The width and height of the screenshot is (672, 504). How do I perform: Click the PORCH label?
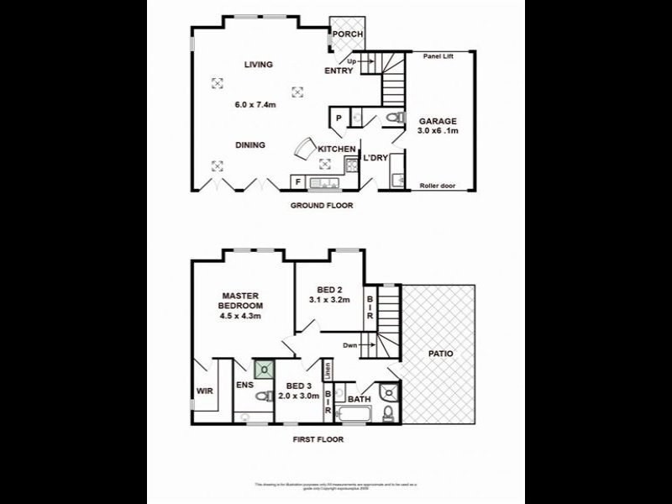348,34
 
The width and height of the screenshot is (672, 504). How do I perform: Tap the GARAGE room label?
438,121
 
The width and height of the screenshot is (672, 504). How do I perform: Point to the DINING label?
249,145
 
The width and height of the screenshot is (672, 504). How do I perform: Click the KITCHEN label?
336,150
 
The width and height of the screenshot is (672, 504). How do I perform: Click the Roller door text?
437,186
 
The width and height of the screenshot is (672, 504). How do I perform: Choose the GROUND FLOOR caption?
322,206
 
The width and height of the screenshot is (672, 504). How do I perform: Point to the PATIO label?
439,354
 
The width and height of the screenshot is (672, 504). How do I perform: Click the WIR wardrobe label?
204,391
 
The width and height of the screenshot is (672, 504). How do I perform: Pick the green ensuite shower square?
265,368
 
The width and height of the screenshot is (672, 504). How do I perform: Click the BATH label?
359,399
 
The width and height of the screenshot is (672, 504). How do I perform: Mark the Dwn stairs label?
350,345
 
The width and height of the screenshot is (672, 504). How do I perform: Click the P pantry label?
339,118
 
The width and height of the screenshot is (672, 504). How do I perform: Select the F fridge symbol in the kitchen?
297,181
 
